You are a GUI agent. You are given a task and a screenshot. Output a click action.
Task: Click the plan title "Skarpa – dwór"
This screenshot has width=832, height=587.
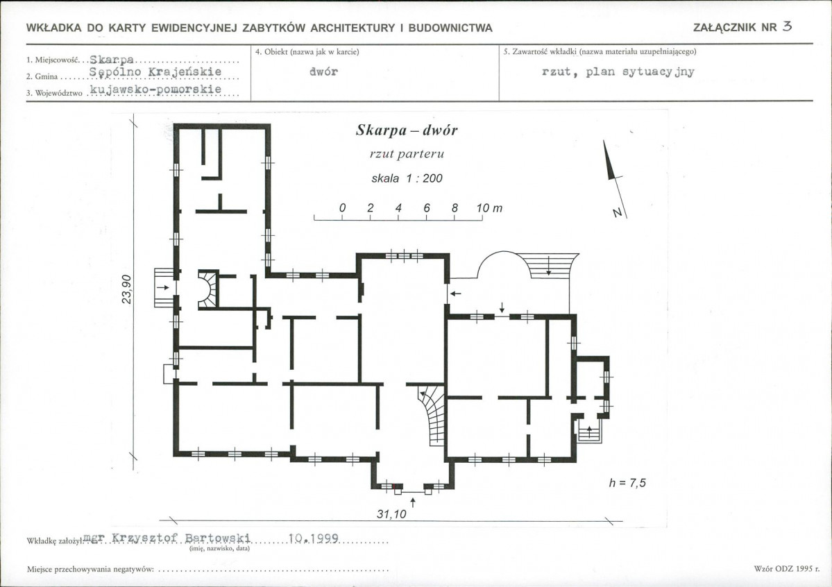coord(407,130)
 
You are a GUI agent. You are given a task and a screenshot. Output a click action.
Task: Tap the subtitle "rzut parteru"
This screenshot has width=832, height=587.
coord(407,154)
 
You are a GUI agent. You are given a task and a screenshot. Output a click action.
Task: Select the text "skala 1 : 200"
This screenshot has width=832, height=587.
coord(407,178)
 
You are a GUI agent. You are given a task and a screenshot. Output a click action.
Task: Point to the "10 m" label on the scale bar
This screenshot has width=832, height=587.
coord(489,208)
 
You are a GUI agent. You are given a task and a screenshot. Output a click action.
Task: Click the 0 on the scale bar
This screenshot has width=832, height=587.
coord(342,208)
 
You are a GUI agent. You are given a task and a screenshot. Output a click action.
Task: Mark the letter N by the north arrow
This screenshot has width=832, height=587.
coord(617,213)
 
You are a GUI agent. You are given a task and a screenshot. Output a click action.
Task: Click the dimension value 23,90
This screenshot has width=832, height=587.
coord(126,289)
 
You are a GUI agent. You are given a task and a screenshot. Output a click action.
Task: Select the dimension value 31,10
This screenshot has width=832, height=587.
coord(391,513)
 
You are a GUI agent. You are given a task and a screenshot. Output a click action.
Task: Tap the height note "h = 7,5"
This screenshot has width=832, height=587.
coord(627,483)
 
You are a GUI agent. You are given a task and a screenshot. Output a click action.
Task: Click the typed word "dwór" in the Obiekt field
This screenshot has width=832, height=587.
coord(323,71)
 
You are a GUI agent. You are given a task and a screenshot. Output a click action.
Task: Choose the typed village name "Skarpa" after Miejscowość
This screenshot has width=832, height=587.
coord(112,60)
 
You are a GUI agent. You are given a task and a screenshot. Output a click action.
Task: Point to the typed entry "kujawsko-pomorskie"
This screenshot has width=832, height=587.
coord(155,90)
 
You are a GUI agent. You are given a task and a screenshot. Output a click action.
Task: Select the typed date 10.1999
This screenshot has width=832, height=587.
coord(313,538)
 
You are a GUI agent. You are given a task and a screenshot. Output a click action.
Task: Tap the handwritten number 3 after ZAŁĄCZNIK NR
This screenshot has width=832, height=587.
coord(787,26)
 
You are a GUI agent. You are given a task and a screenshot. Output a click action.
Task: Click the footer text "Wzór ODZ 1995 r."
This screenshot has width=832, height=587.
coord(783,568)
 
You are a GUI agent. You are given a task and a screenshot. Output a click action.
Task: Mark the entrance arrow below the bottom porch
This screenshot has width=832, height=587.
coord(413,502)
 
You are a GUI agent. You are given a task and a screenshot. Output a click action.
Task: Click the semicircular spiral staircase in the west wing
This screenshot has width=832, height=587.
coord(208,289)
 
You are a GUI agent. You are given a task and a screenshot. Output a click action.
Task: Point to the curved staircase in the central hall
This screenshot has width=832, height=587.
coord(432,414)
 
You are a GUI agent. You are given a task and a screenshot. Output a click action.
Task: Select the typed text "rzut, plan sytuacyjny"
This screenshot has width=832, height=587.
coord(618,71)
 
